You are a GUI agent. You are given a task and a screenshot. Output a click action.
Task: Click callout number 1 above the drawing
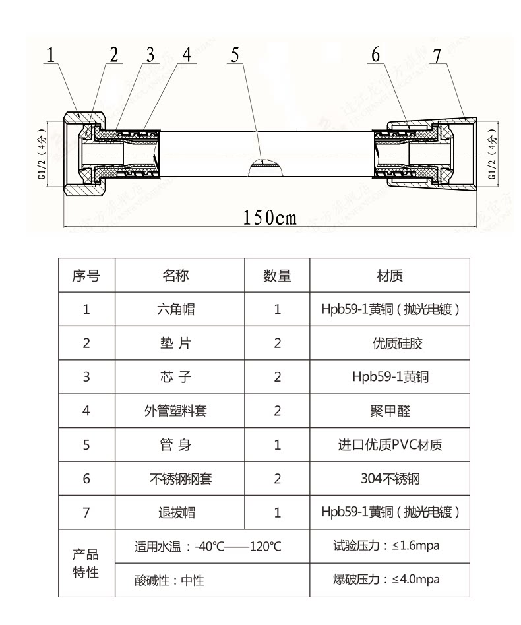pyautogui.click(x=50, y=55)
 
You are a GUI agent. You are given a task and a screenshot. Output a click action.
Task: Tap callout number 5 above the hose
pyautogui.click(x=235, y=55)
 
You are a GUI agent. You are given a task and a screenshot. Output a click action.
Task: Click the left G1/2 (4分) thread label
pyautogui.click(x=42, y=155)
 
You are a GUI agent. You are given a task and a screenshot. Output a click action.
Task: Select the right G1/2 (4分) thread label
pyautogui.click(x=491, y=156)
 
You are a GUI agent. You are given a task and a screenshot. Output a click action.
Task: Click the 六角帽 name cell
pyautogui.click(x=179, y=309)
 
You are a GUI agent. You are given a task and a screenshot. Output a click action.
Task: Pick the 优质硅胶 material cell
pyautogui.click(x=390, y=343)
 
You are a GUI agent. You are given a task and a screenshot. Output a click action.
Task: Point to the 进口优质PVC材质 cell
pyautogui.click(x=390, y=445)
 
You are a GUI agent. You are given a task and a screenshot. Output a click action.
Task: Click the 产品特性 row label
pyautogui.click(x=86, y=563)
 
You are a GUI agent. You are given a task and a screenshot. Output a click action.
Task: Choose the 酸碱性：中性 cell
pyautogui.click(x=169, y=581)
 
